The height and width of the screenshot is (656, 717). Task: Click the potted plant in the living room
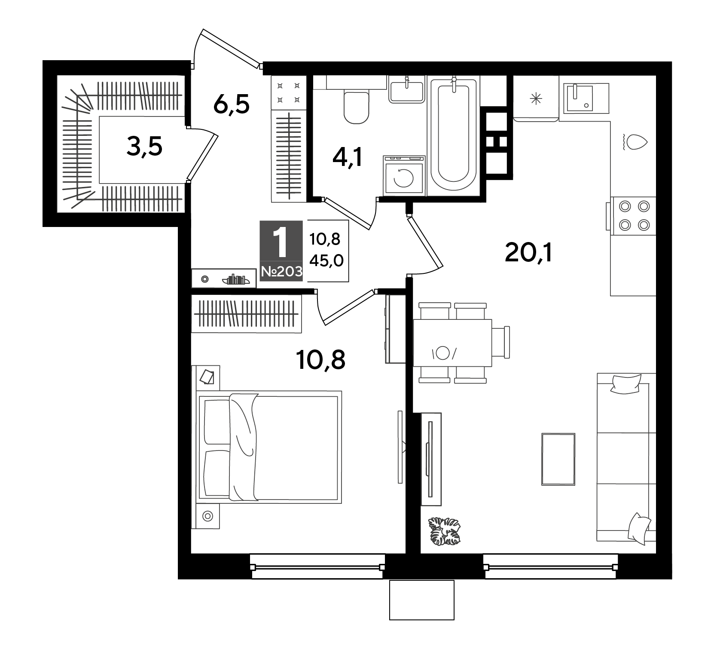[444, 531]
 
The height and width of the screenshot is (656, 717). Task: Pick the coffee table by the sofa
[558, 459]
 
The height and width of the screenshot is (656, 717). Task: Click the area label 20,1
[528, 254]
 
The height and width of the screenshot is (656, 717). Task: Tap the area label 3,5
[144, 147]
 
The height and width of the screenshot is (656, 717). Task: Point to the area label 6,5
[231, 104]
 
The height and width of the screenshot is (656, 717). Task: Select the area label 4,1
[348, 158]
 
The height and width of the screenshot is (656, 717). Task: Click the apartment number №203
[281, 272]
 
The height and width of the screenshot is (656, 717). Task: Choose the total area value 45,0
[326, 260]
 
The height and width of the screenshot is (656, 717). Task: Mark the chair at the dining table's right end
[501, 342]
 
